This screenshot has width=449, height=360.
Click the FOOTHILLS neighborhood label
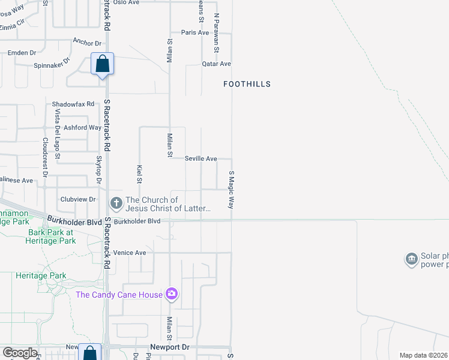247,84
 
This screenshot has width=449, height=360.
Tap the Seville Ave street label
201,158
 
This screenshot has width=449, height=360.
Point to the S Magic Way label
231,190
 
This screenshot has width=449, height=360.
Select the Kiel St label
139,175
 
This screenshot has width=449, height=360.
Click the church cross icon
116,204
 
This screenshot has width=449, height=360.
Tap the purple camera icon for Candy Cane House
172,294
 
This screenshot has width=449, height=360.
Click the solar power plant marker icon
412,259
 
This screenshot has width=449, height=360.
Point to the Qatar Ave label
216,64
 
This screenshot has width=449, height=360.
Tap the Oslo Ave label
126,2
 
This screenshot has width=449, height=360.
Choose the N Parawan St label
216,33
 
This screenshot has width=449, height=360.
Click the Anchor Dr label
87,42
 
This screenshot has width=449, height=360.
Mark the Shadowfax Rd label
73,104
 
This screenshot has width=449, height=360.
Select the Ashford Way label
83,127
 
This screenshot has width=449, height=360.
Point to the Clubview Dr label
78,199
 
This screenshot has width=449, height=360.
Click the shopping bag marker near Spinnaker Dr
102,64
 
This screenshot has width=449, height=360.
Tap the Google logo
20,353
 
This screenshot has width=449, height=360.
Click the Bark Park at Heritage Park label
50,236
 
